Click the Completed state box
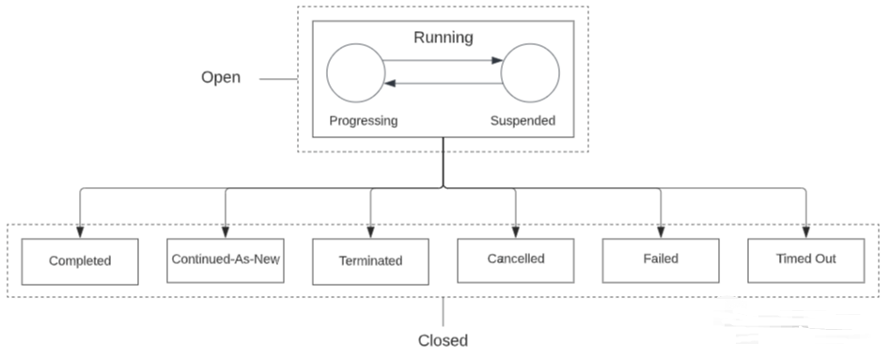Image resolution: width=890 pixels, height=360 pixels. [x=80, y=260]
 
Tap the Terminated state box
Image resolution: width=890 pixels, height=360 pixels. [x=370, y=260]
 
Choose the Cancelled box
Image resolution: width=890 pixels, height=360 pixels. [x=515, y=258]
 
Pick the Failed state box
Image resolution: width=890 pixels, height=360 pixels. [x=660, y=258]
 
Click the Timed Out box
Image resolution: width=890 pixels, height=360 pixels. [x=805, y=258]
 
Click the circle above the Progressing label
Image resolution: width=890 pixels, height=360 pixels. [x=355, y=72]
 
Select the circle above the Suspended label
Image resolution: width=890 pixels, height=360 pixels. [x=530, y=72]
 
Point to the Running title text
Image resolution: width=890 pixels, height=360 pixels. [x=443, y=38]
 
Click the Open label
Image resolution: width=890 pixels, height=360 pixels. [x=221, y=77]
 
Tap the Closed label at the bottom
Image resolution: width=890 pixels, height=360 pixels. [x=442, y=340]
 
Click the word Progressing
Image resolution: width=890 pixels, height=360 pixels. [x=363, y=120]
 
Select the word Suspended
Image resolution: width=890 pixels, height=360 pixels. [x=523, y=120]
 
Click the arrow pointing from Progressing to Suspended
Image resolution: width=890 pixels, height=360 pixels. [x=443, y=62]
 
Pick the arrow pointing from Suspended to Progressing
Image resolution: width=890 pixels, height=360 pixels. [x=443, y=84]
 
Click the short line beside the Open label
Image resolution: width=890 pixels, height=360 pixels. [x=278, y=79]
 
